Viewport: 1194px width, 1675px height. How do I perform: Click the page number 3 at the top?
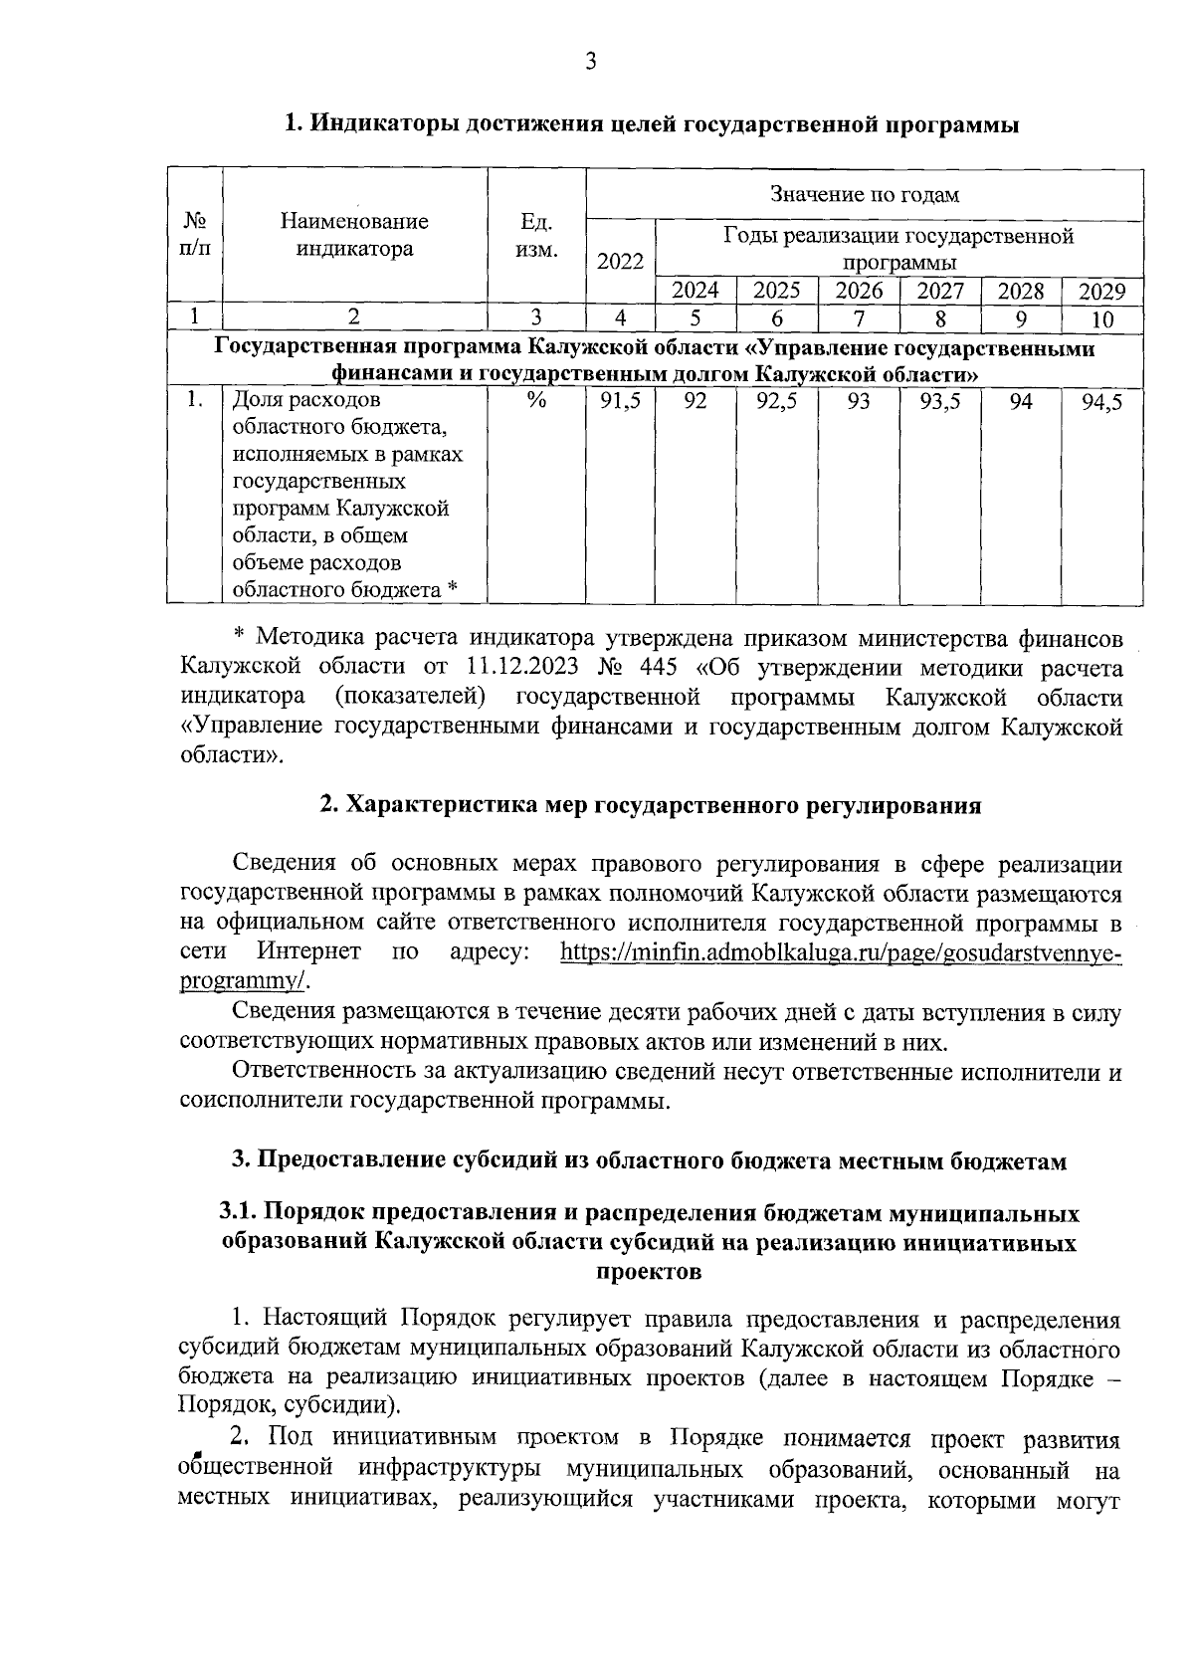click(x=590, y=63)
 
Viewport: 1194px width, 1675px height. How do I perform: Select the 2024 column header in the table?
click(x=696, y=291)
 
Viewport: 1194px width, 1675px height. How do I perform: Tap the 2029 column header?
click(x=1101, y=292)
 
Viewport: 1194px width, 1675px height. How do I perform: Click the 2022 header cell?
click(x=620, y=262)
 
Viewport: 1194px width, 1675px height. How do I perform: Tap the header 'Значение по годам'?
click(x=864, y=195)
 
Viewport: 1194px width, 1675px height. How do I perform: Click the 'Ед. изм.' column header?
click(x=536, y=235)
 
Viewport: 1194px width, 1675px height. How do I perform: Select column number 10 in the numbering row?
click(x=1101, y=318)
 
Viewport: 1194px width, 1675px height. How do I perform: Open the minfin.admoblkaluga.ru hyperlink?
click(x=841, y=951)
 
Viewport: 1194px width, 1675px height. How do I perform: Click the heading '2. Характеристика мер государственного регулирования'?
click(x=650, y=806)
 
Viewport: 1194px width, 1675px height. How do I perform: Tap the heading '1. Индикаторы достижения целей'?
click(x=652, y=124)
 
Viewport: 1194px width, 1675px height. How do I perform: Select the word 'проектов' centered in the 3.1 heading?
click(x=648, y=1271)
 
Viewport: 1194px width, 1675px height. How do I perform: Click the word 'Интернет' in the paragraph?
click(x=308, y=951)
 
